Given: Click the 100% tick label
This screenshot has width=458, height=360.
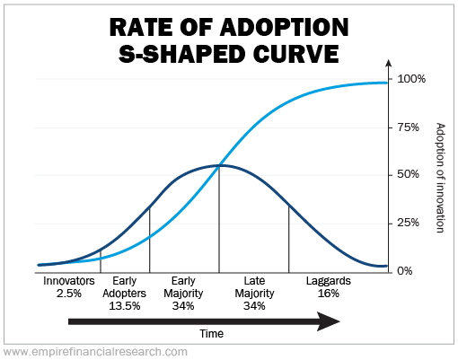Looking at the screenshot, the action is [x=411, y=79].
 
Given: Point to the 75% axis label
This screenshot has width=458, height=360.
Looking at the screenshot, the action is [x=408, y=127].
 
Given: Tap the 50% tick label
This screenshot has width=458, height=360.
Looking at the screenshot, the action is [x=408, y=174].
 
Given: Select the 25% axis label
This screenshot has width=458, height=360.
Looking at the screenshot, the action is [x=408, y=223].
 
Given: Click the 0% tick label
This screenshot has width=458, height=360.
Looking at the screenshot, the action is [x=405, y=271].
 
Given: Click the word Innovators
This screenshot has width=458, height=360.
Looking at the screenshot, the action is [x=69, y=281].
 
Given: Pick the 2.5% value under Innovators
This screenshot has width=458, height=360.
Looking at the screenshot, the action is [x=69, y=294].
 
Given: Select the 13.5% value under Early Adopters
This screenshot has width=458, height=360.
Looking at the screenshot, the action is [x=124, y=306].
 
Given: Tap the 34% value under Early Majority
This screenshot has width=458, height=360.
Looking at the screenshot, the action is [x=183, y=306].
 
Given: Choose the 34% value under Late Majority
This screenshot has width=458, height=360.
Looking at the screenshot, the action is [x=254, y=306].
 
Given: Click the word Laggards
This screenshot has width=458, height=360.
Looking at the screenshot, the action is [x=329, y=281].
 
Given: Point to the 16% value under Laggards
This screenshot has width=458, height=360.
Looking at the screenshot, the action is [x=329, y=294].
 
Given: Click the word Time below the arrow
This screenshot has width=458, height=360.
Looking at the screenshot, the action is [x=212, y=334].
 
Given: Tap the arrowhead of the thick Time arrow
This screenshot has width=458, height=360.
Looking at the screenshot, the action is [x=340, y=321].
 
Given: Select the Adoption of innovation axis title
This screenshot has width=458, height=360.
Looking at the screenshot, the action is [x=440, y=178].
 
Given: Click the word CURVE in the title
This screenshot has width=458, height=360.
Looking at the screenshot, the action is [x=295, y=54].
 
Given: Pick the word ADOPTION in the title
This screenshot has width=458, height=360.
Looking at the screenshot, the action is [x=285, y=27].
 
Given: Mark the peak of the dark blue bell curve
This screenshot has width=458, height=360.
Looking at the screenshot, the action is [x=222, y=165].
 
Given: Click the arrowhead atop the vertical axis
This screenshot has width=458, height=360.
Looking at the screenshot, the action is [x=389, y=63].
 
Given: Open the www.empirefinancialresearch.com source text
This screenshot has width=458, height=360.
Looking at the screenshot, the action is [x=96, y=352].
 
